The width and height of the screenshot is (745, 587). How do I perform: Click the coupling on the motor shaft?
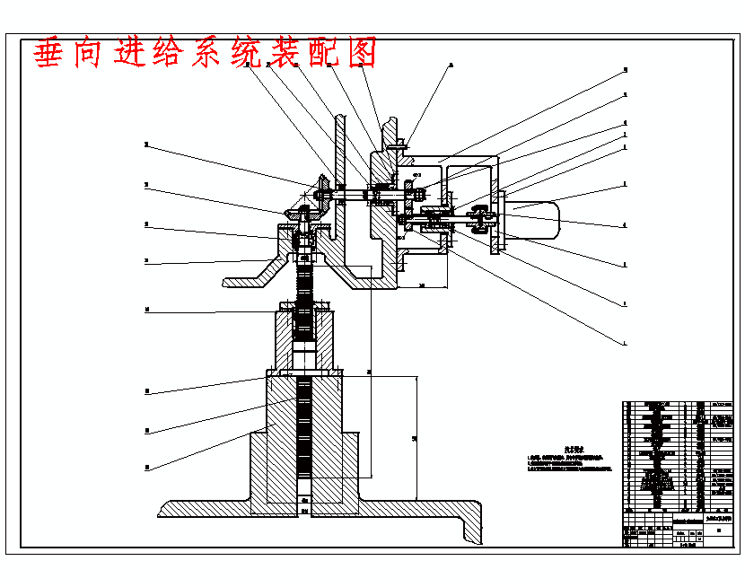481,219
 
